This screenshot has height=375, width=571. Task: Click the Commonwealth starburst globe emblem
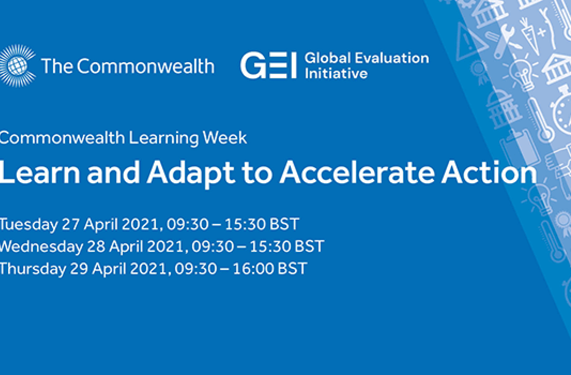17,66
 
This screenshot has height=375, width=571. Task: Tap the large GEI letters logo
269,65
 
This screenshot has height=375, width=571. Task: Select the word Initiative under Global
336,74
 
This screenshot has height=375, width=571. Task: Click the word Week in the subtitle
225,138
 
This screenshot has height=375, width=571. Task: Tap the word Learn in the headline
40,172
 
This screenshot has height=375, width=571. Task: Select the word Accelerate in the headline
357,172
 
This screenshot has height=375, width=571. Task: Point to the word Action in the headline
489,172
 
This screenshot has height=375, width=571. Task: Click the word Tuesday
29,225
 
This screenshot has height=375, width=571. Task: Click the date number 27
70,224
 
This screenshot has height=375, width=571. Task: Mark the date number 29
79,269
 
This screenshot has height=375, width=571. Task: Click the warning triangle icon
470,42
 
